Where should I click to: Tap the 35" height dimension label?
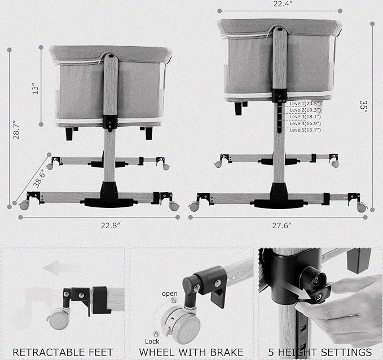363,106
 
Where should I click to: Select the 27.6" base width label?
282,225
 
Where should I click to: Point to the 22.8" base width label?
111,225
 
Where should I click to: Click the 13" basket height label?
36,90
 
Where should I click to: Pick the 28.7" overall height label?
16,130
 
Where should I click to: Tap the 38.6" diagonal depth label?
39,178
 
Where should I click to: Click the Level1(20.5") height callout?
305,104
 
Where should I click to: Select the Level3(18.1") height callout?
305,117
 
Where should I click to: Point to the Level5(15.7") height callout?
305,130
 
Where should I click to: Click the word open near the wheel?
170,294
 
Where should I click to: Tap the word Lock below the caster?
152,341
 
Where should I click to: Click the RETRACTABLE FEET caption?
63,353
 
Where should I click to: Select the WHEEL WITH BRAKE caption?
191,353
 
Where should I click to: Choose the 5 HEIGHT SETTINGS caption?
320,353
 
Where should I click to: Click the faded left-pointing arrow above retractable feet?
58,268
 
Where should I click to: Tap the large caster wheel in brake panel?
181,325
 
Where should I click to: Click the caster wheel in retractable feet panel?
59,319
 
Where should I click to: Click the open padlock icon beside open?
174,301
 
